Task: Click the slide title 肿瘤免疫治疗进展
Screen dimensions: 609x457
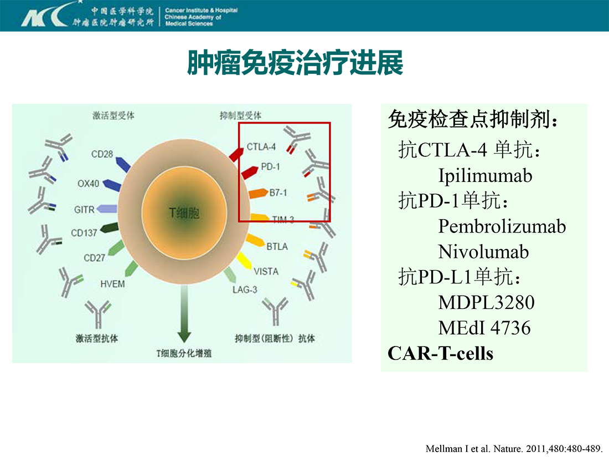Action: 295,63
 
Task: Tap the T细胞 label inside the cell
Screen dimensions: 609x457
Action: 184,213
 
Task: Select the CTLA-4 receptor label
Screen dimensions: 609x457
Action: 261,146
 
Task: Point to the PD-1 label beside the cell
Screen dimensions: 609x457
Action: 270,167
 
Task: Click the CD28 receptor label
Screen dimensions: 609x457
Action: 102,154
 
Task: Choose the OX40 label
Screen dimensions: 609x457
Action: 88,183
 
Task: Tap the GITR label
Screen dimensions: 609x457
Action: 84,210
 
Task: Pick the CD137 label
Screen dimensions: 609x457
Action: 84,233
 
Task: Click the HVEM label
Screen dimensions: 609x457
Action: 112,284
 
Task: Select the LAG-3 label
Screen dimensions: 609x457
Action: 245,290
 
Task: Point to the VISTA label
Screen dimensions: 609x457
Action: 266,271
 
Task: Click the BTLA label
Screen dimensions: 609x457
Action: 277,247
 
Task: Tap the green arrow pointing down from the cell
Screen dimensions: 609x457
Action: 184,313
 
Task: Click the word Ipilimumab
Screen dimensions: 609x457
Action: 485,176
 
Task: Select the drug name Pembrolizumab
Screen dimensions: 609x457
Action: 502,226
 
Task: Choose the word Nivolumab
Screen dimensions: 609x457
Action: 483,252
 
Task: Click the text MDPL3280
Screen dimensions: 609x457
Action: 486,302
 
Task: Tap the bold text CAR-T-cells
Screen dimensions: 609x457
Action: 441,353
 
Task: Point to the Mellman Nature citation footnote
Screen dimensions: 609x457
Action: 514,449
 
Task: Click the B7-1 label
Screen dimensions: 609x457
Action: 278,192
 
